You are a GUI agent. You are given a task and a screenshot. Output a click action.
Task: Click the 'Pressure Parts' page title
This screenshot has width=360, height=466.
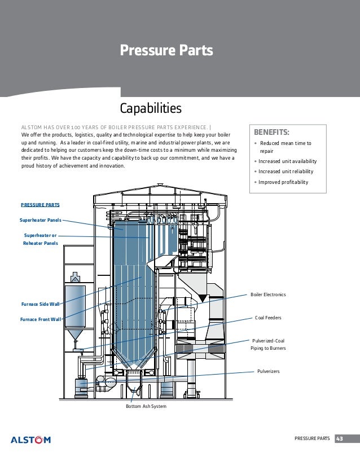point(166,51)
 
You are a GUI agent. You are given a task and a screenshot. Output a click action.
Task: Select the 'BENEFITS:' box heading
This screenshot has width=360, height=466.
point(272,133)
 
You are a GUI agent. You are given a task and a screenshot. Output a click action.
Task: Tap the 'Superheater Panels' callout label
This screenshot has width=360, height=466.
point(41,221)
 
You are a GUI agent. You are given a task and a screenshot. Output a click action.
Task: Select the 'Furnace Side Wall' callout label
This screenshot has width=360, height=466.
point(39,304)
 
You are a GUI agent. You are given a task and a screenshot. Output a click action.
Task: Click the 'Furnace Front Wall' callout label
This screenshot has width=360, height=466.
point(40,319)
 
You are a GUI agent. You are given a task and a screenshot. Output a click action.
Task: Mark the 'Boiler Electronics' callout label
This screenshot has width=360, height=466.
point(268,294)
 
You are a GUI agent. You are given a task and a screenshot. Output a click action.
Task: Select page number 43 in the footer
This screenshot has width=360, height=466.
point(341,439)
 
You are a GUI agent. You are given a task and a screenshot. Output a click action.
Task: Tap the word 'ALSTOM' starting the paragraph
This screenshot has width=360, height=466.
point(30,128)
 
